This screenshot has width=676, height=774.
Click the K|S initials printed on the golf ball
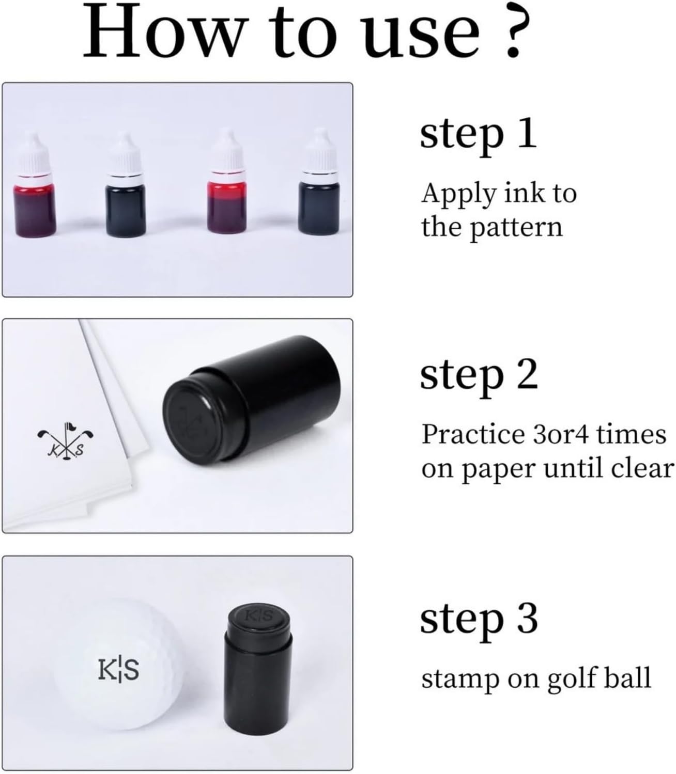click(x=118, y=670)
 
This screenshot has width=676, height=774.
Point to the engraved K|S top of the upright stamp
click(x=258, y=616)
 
